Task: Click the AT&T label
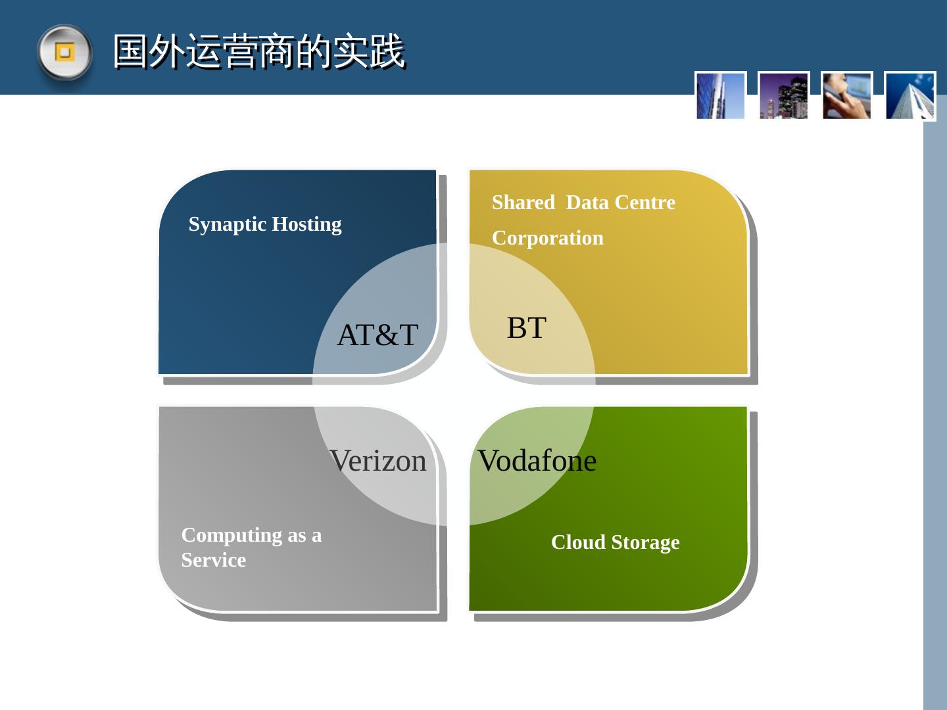[x=377, y=335]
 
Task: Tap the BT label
[x=526, y=327]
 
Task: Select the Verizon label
[x=378, y=461]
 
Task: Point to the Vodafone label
[x=537, y=461]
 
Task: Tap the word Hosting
[x=306, y=224]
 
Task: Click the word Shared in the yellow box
[x=523, y=202]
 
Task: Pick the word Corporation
[x=547, y=238]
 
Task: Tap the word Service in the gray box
[x=213, y=560]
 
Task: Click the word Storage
[x=645, y=542]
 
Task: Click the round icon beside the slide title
[x=64, y=52]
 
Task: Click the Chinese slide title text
[x=258, y=51]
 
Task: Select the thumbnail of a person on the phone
[x=846, y=96]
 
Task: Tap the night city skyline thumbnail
[x=783, y=96]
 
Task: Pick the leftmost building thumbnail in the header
[x=720, y=96]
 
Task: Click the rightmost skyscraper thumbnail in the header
[x=910, y=96]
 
